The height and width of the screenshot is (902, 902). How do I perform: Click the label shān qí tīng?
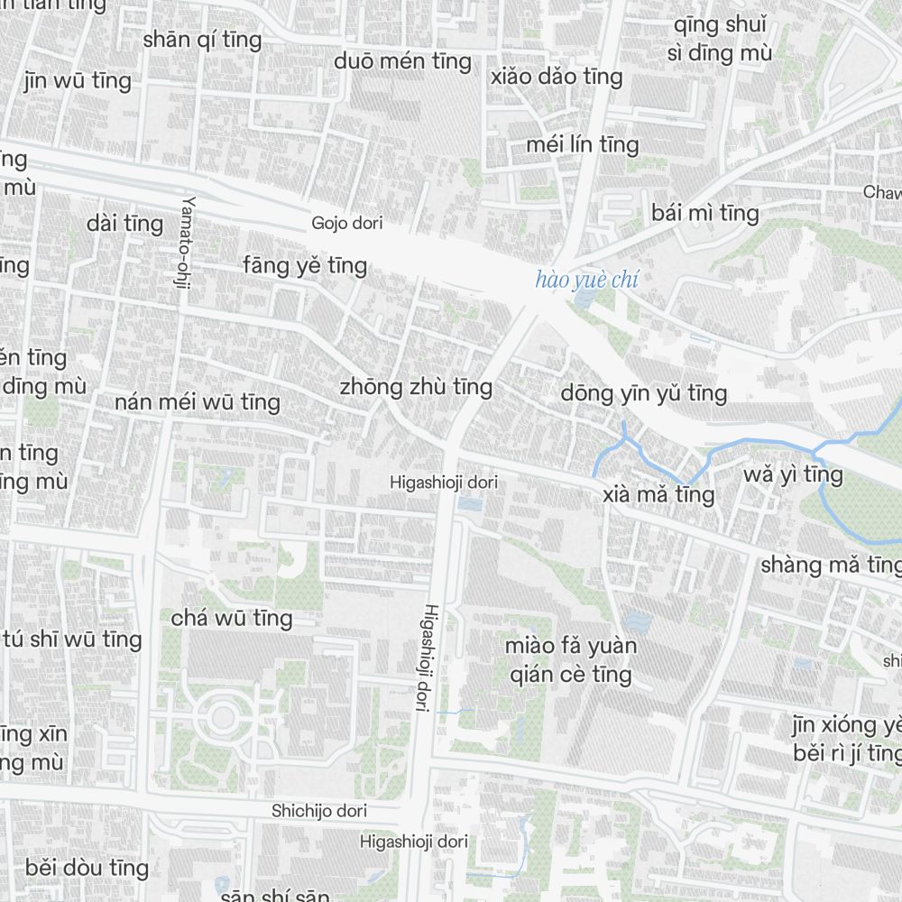tap(202, 40)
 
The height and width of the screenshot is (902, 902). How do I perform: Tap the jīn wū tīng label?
tap(78, 80)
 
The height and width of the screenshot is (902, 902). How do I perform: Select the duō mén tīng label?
tap(402, 61)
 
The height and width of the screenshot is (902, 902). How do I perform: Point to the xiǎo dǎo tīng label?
tap(557, 77)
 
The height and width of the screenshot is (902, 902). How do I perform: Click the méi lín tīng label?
tap(582, 144)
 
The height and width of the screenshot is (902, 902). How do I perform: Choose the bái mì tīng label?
tap(705, 213)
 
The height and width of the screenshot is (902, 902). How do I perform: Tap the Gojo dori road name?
tap(346, 223)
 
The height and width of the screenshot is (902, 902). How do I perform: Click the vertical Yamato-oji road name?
tap(187, 235)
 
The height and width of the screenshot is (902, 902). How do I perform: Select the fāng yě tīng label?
tap(305, 265)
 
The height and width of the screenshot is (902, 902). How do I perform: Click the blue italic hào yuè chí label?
tap(586, 280)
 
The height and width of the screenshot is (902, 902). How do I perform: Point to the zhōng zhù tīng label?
tap(416, 387)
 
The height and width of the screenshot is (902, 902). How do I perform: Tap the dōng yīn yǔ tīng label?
tap(643, 392)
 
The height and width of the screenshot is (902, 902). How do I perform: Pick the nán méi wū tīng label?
tap(198, 401)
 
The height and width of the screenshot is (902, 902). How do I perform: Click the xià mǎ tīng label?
tap(658, 494)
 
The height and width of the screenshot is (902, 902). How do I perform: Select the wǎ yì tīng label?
tap(793, 474)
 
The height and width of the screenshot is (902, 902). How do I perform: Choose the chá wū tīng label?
tap(232, 618)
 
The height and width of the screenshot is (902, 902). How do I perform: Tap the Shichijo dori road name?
tap(319, 811)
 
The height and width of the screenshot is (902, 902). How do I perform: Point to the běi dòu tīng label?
tap(87, 868)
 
